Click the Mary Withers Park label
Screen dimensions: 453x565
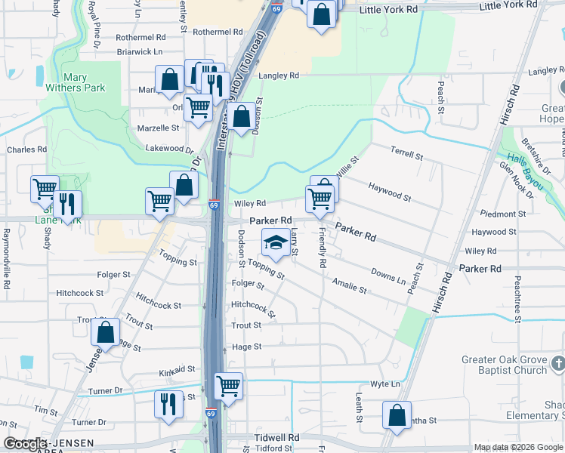[85, 82]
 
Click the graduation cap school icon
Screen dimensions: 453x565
[275, 244]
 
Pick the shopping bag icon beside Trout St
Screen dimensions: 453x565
[107, 331]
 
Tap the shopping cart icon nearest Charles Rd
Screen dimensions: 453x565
[45, 189]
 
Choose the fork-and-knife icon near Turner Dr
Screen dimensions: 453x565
[168, 404]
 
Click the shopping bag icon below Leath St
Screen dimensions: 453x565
[397, 415]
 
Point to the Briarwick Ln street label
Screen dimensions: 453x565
[140, 52]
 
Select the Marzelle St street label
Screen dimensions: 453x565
[157, 128]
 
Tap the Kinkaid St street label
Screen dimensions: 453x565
[178, 370]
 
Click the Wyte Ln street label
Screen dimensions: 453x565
[385, 384]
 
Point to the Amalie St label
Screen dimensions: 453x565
[349, 285]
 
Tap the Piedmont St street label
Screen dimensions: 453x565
[492, 214]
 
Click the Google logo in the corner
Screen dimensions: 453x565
[25, 445]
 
